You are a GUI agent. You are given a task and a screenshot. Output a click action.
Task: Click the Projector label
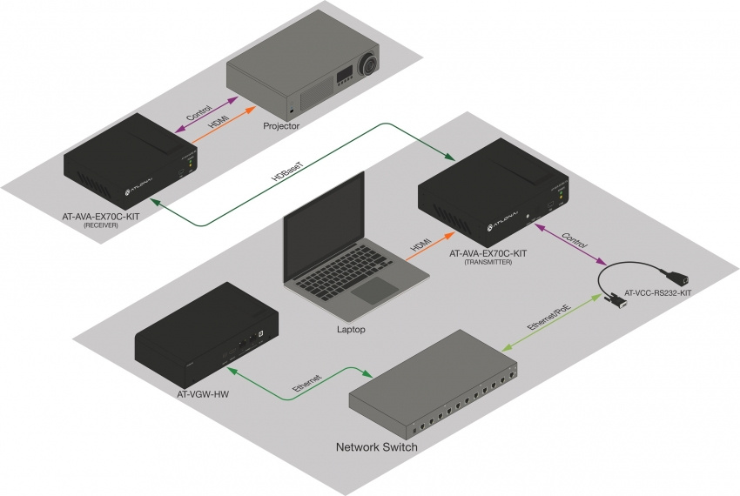coord(281,126)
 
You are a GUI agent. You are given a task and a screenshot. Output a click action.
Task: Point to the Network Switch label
coord(377,447)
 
